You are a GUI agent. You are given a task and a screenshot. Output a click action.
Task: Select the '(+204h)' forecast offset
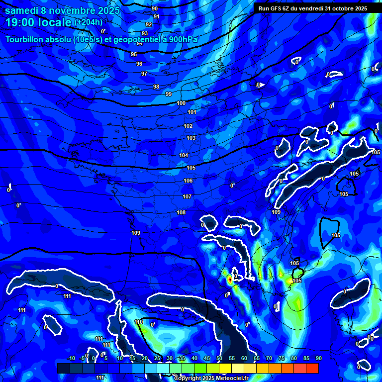[89, 22]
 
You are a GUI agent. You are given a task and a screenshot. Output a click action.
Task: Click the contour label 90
[155, 8]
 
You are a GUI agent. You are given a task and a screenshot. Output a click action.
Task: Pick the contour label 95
[134, 54]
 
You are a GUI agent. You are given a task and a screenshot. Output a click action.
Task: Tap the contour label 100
[181, 103]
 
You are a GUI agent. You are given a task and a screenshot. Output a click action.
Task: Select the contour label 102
[188, 126]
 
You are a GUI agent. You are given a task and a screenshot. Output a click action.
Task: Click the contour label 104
[184, 156]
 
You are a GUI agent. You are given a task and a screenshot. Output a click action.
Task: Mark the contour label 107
[187, 196]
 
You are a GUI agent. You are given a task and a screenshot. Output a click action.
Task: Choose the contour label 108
[181, 212]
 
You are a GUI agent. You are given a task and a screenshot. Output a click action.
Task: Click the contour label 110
[139, 322]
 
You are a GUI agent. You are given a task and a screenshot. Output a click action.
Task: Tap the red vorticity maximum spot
[229, 280]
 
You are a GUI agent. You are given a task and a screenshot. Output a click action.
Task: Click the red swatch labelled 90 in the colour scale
[312, 368]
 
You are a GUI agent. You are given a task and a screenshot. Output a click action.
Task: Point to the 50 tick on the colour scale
[219, 359]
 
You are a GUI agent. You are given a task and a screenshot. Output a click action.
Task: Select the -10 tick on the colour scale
[71, 359]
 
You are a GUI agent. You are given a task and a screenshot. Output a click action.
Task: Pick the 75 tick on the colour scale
[282, 359]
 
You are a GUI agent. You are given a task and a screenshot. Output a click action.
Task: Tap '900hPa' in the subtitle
[182, 40]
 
